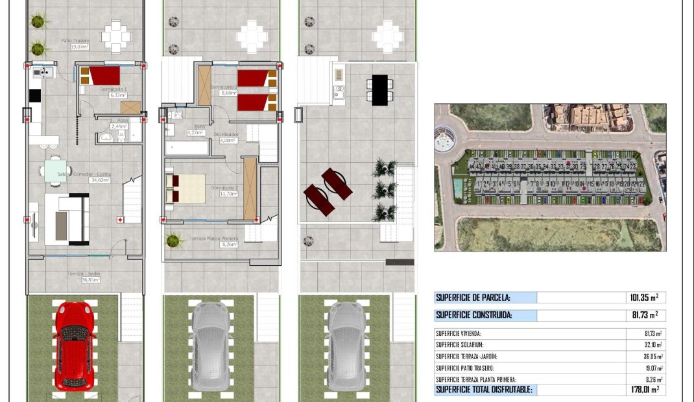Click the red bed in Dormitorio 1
point(103,76)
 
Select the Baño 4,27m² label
point(195,130)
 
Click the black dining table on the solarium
point(380,88)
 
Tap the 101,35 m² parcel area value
point(643,298)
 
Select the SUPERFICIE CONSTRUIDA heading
point(474,315)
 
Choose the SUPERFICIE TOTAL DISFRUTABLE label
point(484,390)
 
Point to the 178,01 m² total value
point(643,390)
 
